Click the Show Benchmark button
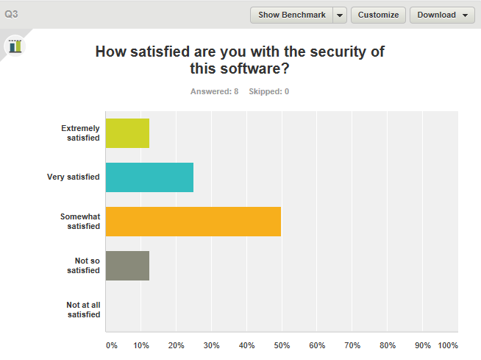292,15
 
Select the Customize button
378,15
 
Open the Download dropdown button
442,15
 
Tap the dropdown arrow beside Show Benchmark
340,15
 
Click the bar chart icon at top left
15,46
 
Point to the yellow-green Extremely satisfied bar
127,133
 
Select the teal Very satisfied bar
149,177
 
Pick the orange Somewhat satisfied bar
193,222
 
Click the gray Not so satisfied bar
127,266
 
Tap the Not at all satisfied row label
83,310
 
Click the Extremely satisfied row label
80,133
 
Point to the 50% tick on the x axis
282,345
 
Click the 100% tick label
448,345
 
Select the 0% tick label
112,345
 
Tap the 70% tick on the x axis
352,345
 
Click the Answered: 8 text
214,91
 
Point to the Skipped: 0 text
268,91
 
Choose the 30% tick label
211,345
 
